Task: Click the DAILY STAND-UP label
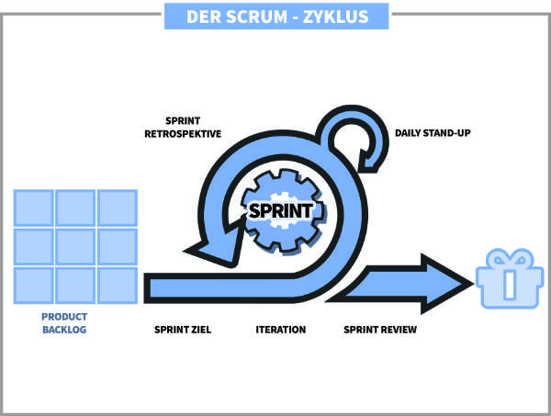click(x=433, y=133)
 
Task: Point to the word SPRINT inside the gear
click(x=283, y=209)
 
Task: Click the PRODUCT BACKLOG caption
click(x=64, y=322)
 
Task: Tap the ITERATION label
click(x=280, y=329)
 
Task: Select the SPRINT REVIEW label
click(x=380, y=329)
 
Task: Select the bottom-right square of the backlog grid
click(x=117, y=285)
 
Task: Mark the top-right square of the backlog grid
click(x=117, y=207)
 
